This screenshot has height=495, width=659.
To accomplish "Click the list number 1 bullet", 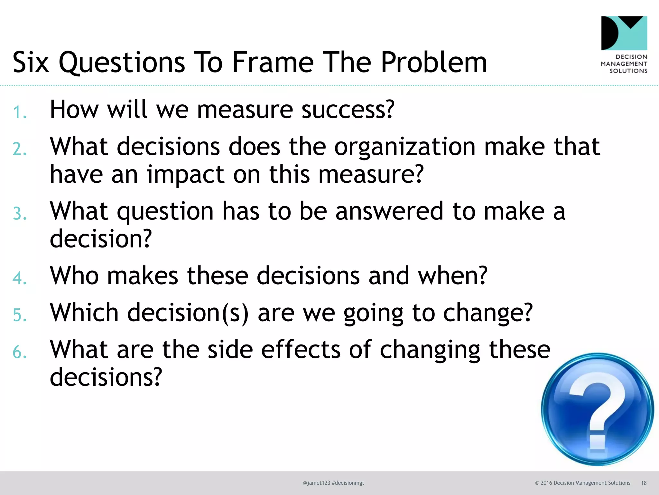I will pos(19,112).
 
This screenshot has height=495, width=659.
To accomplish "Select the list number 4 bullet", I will pos(19,278).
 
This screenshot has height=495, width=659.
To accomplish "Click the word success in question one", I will pos(348,110).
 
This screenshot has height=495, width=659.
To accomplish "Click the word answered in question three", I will pos(389,211).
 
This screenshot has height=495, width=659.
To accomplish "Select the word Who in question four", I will pos(74,276).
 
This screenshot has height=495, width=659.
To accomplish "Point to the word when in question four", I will pos(452,276).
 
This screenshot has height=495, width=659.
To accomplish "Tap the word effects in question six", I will pos(301,350).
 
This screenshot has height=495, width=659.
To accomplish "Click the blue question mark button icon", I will pos(597,409).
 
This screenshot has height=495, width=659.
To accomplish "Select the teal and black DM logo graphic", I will pos(624,33).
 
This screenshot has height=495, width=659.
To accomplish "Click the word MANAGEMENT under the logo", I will pos(624,64).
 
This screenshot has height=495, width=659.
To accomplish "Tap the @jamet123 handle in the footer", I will pos(316,483).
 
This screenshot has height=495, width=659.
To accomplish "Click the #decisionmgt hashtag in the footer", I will pos(348,483).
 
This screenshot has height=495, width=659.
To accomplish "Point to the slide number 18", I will pos(644,483).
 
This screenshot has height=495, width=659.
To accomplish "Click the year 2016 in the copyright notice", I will pos(546,483).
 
